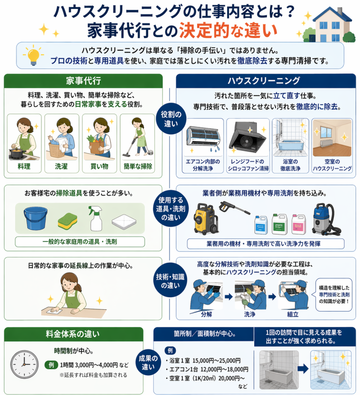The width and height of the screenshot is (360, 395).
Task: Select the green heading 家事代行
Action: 83,81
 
